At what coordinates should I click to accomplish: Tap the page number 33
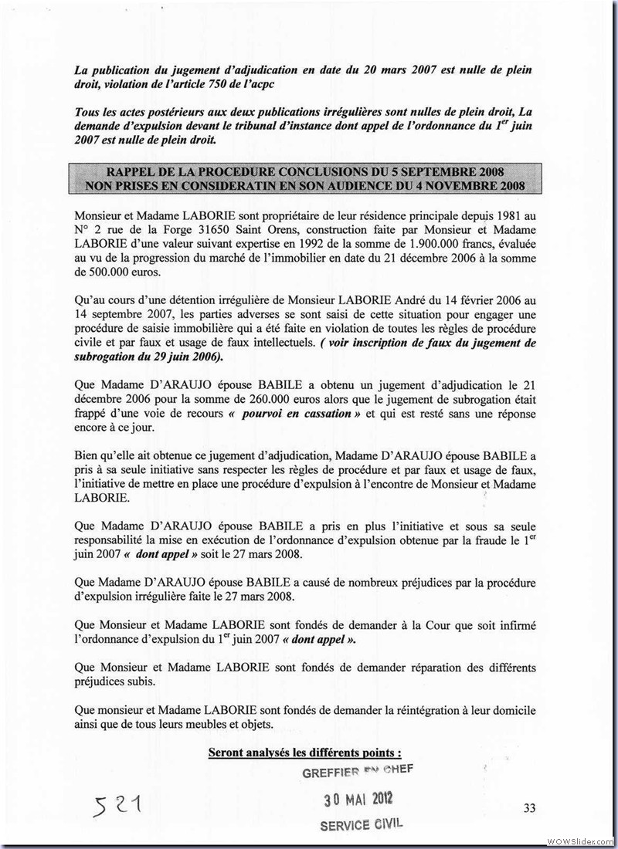529,807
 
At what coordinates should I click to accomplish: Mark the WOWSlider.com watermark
579,840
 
